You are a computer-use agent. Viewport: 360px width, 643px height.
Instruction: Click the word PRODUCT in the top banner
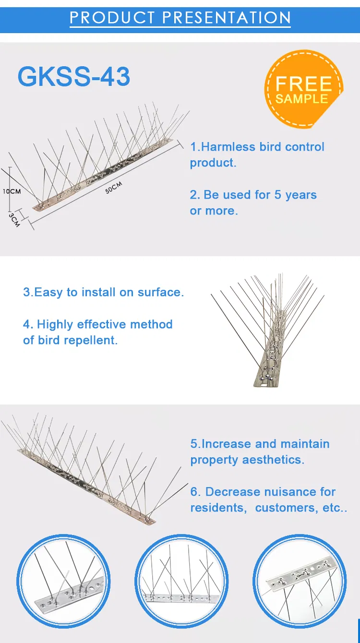tap(112, 18)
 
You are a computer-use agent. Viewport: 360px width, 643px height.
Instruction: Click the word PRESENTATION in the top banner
tap(226, 18)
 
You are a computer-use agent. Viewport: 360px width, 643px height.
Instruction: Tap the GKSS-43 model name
tap(74, 77)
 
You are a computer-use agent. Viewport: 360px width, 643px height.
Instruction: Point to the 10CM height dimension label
tap(12, 191)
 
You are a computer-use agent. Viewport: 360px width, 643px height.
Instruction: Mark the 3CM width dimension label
tap(15, 220)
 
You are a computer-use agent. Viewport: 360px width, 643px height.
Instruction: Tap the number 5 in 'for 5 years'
tap(277, 195)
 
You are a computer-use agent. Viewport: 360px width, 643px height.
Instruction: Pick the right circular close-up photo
tap(299, 581)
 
